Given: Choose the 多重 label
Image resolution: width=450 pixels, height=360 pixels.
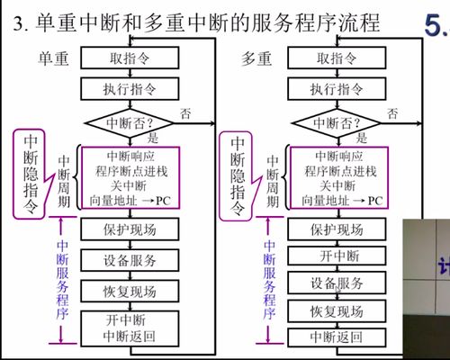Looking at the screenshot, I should click(x=261, y=58).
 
